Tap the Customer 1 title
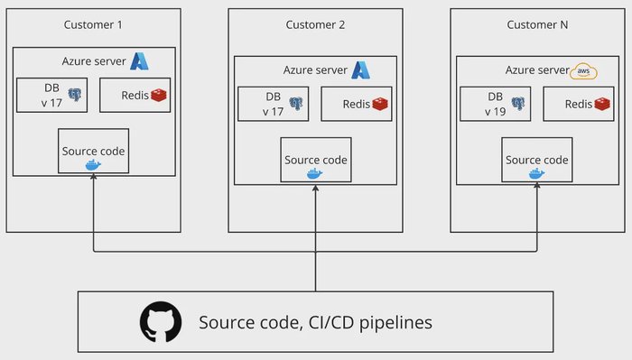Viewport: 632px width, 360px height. pos(93,23)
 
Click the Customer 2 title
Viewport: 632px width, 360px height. pos(315,24)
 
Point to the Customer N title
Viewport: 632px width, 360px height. pos(536,24)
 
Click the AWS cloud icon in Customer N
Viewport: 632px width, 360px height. pos(582,70)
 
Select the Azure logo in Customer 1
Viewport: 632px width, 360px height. pos(140,61)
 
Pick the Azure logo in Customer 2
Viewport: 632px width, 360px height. pos(361,69)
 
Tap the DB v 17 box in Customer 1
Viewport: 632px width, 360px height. pos(52,95)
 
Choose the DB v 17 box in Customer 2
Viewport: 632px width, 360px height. pos(274,104)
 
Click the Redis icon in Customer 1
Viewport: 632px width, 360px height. pos(159,95)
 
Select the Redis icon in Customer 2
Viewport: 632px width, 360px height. pos(380,104)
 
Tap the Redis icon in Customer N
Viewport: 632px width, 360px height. pos(601,104)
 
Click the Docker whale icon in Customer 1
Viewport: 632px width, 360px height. pos(93,165)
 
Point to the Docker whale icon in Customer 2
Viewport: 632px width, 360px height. pos(314,173)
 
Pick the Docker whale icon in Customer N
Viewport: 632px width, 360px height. pos(536,173)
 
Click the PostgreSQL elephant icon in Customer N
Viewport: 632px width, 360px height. pos(518,104)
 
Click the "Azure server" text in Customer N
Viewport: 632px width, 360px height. pos(536,70)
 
